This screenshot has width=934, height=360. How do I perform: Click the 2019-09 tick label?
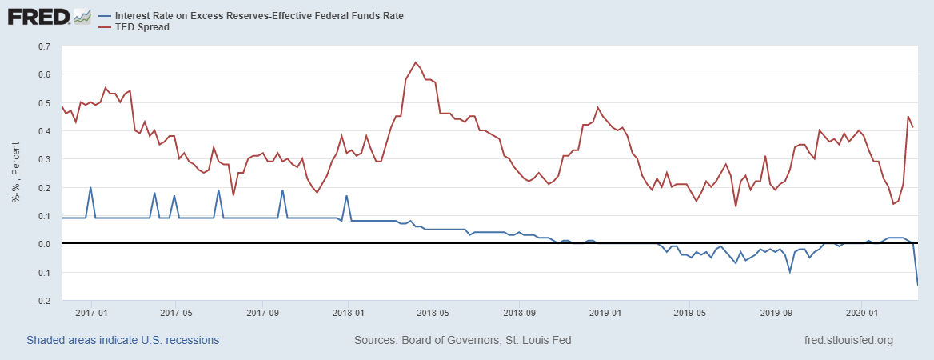pyautogui.click(x=774, y=312)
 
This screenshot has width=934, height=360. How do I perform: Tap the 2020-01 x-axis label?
pyautogui.click(x=860, y=312)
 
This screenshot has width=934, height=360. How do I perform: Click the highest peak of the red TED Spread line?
pyautogui.click(x=415, y=62)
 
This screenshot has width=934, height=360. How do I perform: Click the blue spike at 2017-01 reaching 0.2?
pyautogui.click(x=90, y=188)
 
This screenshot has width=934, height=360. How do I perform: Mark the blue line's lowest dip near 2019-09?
pyautogui.click(x=790, y=272)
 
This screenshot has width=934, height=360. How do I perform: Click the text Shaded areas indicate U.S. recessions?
pyautogui.click(x=122, y=340)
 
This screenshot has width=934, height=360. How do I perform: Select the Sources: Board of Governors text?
pyautogui.click(x=462, y=340)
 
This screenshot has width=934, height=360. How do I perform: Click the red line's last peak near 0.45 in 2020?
pyautogui.click(x=908, y=117)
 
